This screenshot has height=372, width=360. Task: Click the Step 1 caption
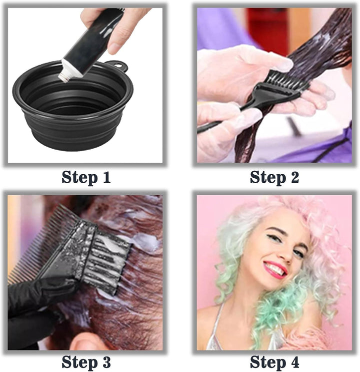[x=85, y=177]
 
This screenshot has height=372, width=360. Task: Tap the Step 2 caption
[x=274, y=177]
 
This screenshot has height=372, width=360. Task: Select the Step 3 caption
[x=85, y=361]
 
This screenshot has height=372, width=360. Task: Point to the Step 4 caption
[x=274, y=361]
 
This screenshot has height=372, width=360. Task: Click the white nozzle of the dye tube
[x=65, y=74]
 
